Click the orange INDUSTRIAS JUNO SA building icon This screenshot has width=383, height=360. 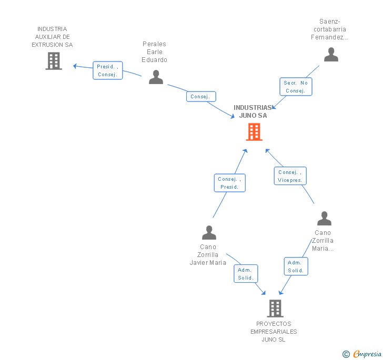(254, 132)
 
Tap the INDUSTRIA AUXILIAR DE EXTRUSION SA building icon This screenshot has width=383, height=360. (54, 61)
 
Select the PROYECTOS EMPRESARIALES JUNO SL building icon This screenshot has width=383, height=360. (275, 308)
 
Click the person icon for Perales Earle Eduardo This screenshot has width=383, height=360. (156, 77)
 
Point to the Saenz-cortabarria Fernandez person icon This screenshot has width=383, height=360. (331, 55)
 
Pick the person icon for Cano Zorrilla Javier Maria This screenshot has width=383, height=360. (209, 232)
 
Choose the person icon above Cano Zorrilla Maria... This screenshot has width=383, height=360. (324, 218)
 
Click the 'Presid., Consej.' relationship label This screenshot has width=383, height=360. (108, 70)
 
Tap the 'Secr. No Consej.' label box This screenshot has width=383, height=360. (295, 87)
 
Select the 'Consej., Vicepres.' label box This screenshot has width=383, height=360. (290, 176)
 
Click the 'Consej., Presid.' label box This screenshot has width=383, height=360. (229, 183)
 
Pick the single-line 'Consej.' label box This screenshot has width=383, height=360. (200, 97)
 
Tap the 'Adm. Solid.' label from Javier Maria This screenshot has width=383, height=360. (246, 274)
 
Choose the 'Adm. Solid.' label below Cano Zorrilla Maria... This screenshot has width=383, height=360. (296, 266)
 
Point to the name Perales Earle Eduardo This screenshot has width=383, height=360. (154, 52)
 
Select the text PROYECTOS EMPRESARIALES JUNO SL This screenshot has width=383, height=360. (274, 332)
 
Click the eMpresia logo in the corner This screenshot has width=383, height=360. (367, 354)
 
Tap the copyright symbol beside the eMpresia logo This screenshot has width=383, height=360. (346, 354)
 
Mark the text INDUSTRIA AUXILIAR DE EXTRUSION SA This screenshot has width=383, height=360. (52, 37)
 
